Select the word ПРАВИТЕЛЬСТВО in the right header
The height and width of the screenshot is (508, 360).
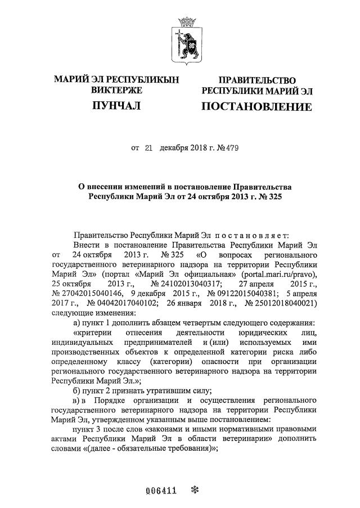click(x=256, y=80)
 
